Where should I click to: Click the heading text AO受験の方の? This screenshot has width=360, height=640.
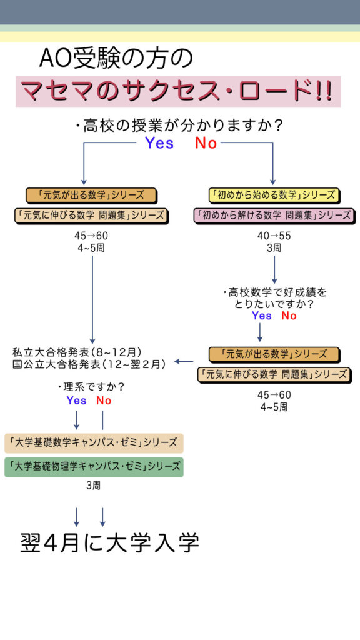click(116, 59)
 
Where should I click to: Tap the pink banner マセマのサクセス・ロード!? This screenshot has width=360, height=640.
click(178, 91)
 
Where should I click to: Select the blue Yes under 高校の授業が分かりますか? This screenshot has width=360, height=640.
click(159, 143)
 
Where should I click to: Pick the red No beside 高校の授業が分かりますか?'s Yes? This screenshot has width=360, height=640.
click(206, 143)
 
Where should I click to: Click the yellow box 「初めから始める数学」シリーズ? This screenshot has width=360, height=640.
click(274, 195)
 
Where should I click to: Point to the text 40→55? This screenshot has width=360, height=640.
click(274, 236)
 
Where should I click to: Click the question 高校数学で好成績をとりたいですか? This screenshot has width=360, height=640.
click(275, 298)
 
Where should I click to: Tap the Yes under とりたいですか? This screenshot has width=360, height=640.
click(262, 316)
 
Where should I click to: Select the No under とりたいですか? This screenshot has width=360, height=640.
click(289, 316)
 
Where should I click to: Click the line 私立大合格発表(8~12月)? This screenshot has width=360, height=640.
click(77, 351)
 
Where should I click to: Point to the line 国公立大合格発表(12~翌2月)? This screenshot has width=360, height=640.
click(89, 364)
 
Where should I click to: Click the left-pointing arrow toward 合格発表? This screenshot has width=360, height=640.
click(184, 361)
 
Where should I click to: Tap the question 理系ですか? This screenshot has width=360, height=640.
click(91, 386)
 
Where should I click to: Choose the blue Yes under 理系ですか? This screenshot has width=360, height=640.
click(77, 401)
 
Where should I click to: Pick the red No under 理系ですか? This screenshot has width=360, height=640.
click(104, 401)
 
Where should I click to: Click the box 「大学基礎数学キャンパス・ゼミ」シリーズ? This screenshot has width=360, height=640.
click(94, 443)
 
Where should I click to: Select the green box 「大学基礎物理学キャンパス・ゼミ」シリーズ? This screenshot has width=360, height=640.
click(94, 467)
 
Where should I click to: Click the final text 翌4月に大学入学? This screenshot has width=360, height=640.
click(110, 542)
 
